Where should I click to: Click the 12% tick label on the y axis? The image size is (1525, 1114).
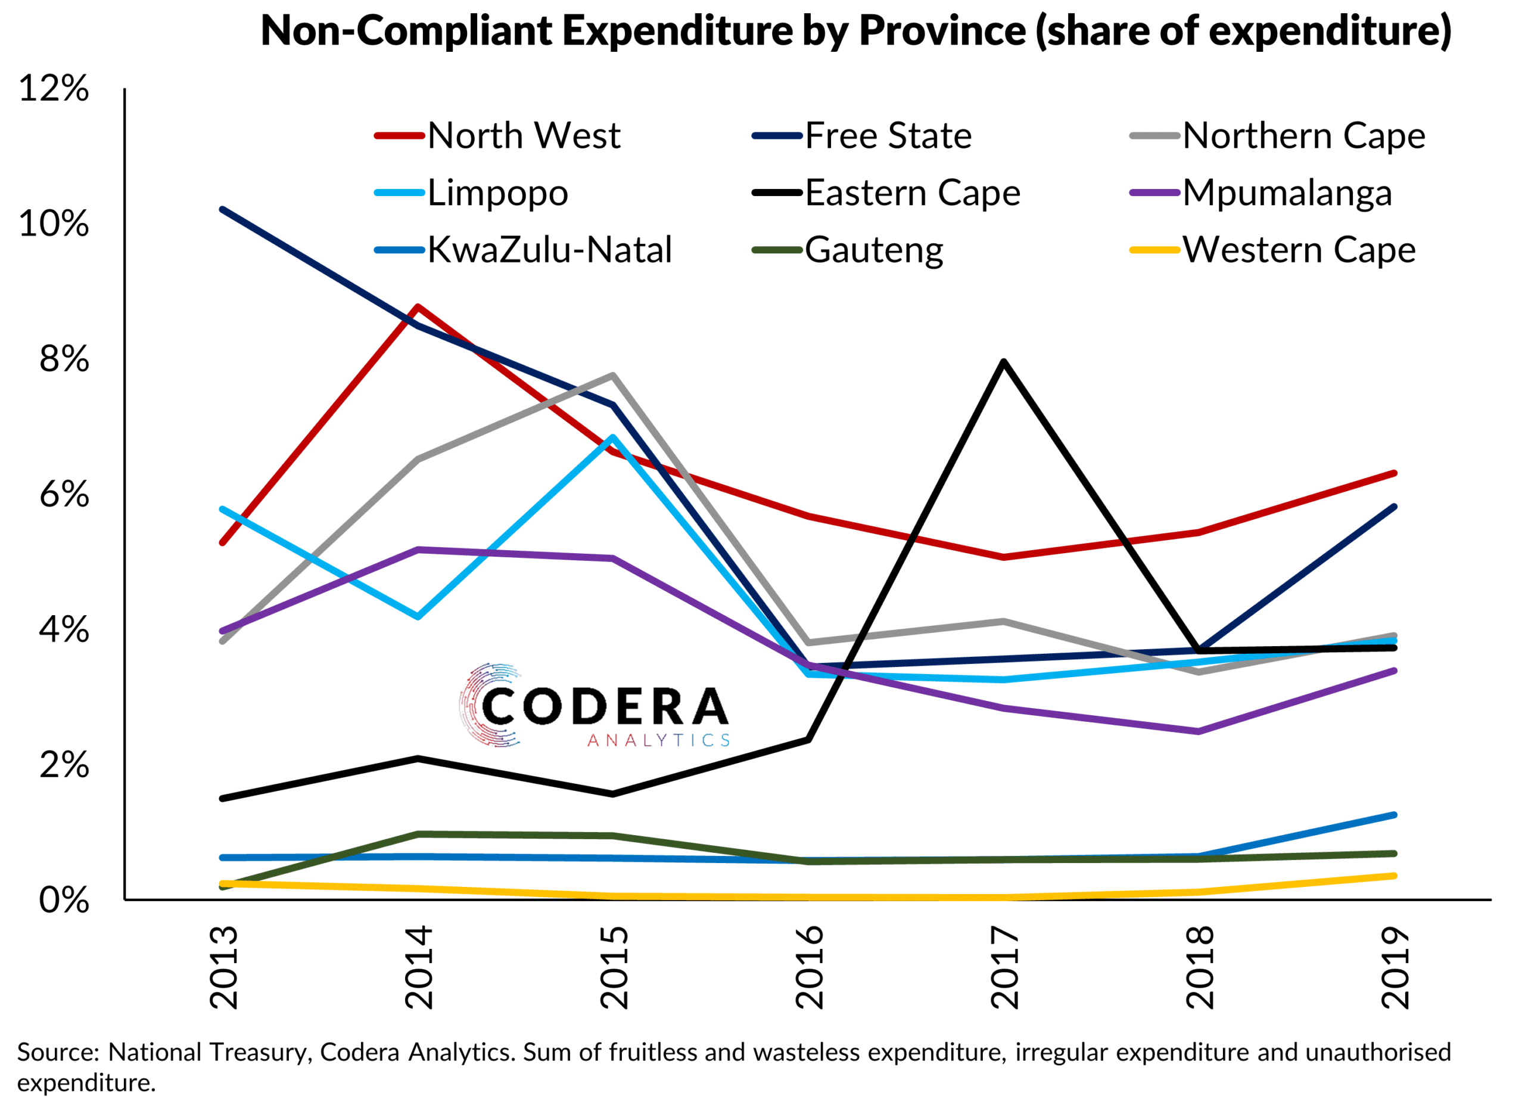coord(54,88)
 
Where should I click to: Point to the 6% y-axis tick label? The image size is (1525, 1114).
coord(64,495)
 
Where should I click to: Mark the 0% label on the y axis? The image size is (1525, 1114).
coord(64,901)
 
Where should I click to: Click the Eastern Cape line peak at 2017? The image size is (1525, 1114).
coord(1004,362)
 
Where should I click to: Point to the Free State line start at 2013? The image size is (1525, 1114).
coord(223,210)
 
